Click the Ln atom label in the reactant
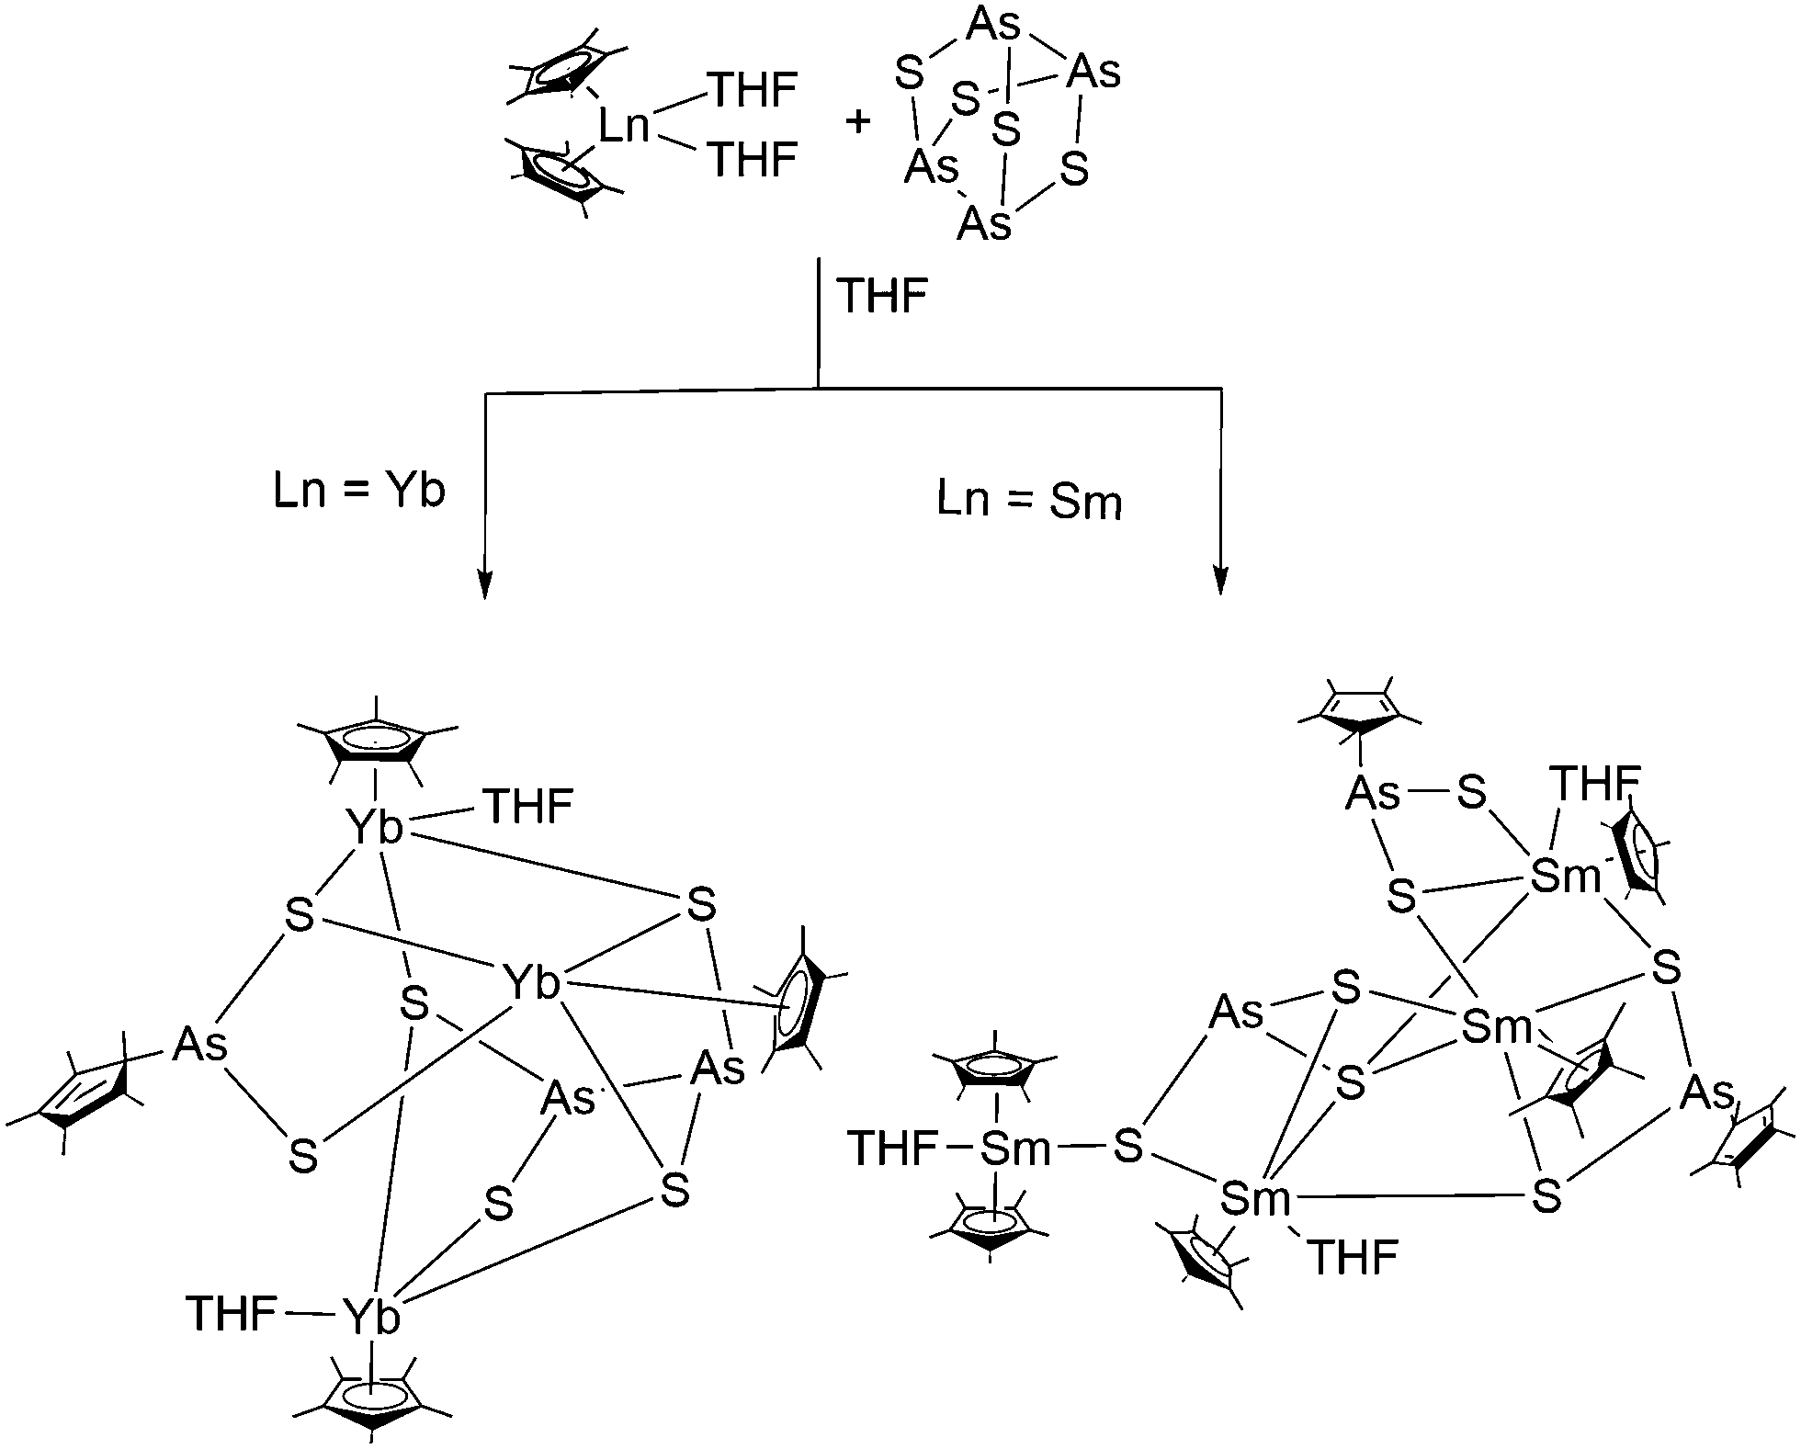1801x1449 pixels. (x=624, y=127)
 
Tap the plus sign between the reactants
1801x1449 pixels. (x=857, y=122)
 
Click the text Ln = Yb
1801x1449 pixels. (x=359, y=492)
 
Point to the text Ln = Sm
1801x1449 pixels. (x=1029, y=502)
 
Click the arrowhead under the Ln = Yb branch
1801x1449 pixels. (x=484, y=583)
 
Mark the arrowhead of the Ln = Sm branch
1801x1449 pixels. (x=1220, y=581)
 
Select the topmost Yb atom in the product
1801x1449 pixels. (x=375, y=829)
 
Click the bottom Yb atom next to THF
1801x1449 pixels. (x=371, y=1318)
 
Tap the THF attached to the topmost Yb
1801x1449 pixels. (x=528, y=807)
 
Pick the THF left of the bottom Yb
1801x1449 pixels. (x=231, y=1313)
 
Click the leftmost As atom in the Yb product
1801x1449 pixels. (x=200, y=1046)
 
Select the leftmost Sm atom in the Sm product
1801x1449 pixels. (x=1015, y=1149)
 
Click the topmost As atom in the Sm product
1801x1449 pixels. (x=1373, y=793)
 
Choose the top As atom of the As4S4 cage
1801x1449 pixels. (x=993, y=26)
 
